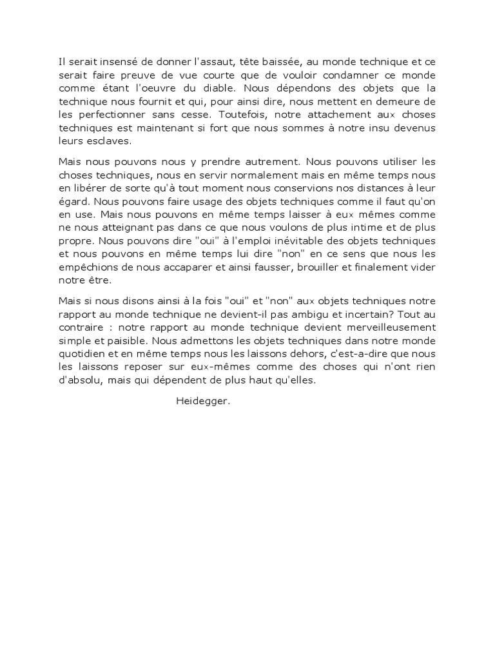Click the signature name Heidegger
202,401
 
